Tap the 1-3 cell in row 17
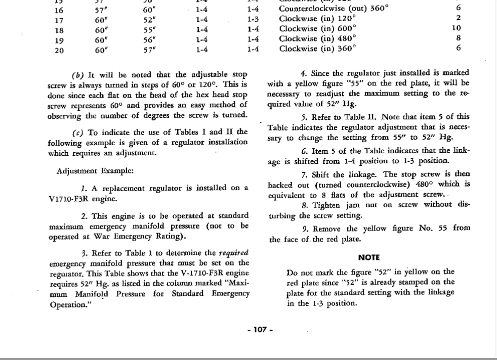[254, 19]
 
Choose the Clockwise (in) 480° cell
[318, 38]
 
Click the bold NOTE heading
[368, 257]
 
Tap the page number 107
[260, 330]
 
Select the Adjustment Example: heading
[95, 170]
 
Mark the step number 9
[305, 228]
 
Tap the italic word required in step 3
[234, 252]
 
